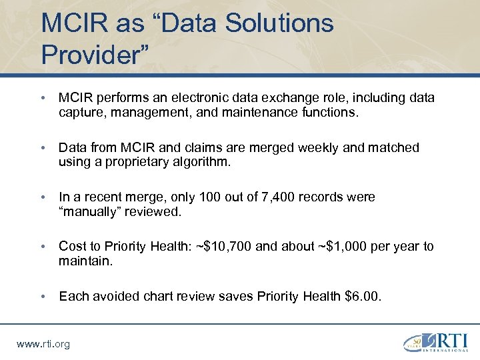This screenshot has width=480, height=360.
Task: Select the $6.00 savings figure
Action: point(363,296)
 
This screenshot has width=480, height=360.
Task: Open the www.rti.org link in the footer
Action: point(43,344)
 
